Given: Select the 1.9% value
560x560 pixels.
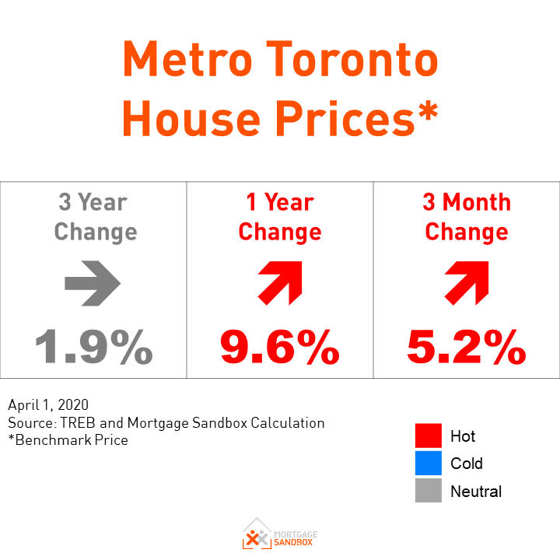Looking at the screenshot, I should [x=93, y=347].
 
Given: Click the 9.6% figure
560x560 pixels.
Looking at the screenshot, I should [x=279, y=347].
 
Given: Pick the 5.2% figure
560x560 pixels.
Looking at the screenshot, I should [x=466, y=347].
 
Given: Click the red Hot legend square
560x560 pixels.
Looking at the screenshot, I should [x=428, y=436].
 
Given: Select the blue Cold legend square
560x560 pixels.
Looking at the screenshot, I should [x=428, y=464].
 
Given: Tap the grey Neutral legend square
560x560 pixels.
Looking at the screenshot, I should [x=428, y=492].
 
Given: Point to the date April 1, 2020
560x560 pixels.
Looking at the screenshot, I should [x=48, y=405].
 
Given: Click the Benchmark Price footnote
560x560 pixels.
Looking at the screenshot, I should [x=68, y=440].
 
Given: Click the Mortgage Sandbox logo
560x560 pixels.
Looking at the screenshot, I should [x=279, y=534].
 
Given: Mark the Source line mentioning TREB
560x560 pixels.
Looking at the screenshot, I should [x=166, y=423].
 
